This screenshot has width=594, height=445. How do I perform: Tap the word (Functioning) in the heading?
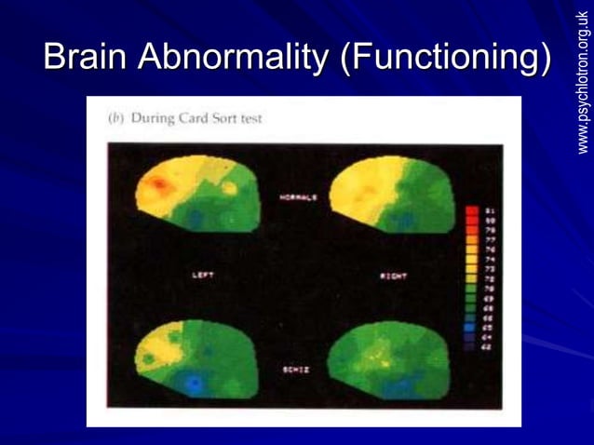coord(445,58)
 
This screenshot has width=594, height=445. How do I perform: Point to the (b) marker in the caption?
coord(116,118)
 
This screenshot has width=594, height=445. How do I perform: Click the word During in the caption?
coord(154,118)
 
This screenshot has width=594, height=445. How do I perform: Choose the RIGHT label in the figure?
coord(392,276)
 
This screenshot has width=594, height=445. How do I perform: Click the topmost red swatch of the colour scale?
coord(471,211)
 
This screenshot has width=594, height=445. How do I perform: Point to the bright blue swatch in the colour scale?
coord(471,328)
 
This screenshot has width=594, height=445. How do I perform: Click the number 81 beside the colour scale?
coord(488,211)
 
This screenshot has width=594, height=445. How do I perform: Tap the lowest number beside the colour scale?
coord(487,346)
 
